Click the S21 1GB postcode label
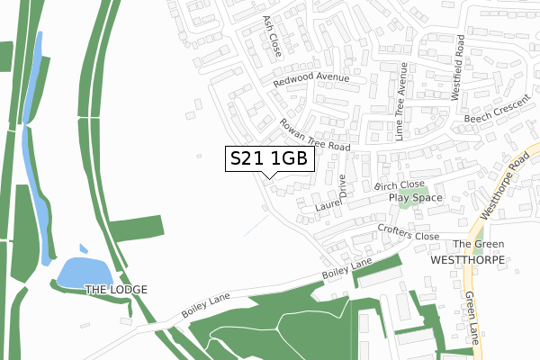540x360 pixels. (x=269, y=158)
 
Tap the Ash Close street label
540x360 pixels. (x=272, y=35)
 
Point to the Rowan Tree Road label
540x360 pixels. (x=314, y=135)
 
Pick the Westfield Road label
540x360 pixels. (x=460, y=59)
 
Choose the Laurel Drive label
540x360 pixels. (x=329, y=197)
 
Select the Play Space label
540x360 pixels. (x=416, y=197)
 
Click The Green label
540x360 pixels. (x=478, y=244)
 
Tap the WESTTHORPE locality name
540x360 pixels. (x=468, y=259)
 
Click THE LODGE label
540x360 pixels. (x=115, y=289)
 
